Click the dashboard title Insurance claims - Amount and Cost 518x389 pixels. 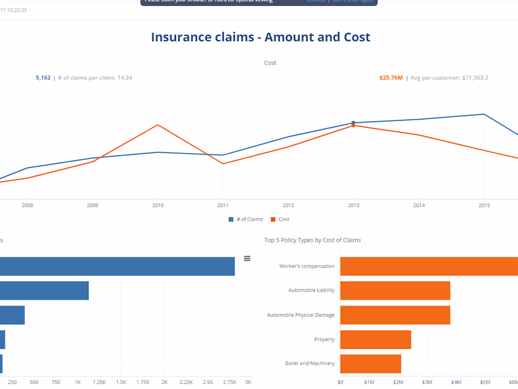click(260, 37)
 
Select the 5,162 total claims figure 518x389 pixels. click(43, 78)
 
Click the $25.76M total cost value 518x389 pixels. click(391, 78)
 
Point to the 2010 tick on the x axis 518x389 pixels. click(158, 205)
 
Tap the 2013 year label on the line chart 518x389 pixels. click(354, 205)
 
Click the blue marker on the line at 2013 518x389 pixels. click(353, 123)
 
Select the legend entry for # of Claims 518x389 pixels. click(245, 219)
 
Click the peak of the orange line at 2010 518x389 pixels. click(158, 125)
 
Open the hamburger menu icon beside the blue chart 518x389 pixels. click(247, 258)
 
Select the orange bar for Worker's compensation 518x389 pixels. click(429, 266)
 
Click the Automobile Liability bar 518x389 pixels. click(395, 290)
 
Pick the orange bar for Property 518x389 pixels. click(375, 339)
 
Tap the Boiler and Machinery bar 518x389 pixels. click(370, 364)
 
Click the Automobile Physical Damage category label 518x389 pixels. click(300, 315)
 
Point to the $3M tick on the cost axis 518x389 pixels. click(427, 382)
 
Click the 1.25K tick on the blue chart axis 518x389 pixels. click(99, 382)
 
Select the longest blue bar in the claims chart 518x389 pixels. click(117, 266)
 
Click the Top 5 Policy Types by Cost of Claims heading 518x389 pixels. click(313, 240)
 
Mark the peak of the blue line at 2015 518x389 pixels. click(484, 114)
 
